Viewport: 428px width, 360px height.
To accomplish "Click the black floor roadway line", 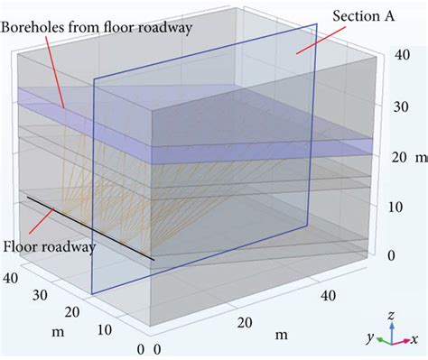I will pos(90,228).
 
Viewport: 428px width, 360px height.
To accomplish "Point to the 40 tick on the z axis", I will pos(393,56).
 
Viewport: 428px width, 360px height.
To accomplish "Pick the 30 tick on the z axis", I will pos(393,107).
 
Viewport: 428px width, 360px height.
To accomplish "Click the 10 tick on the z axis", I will pos(393,207).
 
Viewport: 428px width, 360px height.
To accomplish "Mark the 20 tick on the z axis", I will pos(393,157).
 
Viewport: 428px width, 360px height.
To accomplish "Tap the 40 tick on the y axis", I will pos(12,276).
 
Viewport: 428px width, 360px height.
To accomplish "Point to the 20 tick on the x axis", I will pos(242,322).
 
